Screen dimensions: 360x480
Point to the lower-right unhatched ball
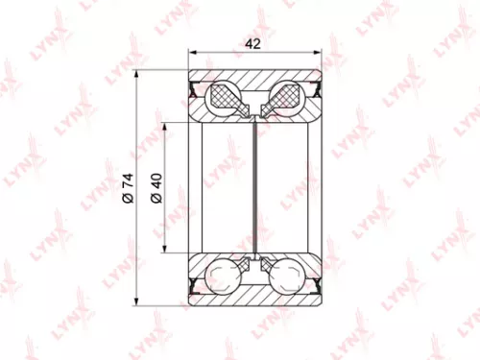[x=285, y=276]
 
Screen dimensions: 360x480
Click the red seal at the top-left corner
[x=199, y=91]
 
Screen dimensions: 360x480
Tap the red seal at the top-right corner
[x=311, y=91]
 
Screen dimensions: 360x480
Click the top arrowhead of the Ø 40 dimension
[x=170, y=126]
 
